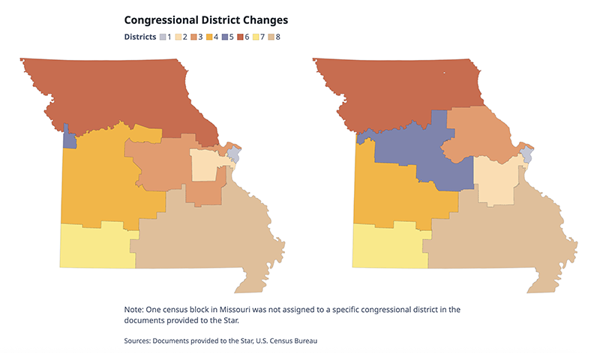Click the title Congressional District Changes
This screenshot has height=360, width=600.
click(x=205, y=19)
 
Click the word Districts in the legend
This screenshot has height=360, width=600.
click(x=139, y=37)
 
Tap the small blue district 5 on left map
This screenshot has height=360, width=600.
click(x=69, y=139)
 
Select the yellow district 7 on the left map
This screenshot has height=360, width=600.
click(x=94, y=245)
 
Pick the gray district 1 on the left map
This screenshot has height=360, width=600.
click(x=233, y=154)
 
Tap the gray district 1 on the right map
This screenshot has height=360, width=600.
click(x=526, y=155)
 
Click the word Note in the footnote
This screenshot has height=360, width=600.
click(x=134, y=309)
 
